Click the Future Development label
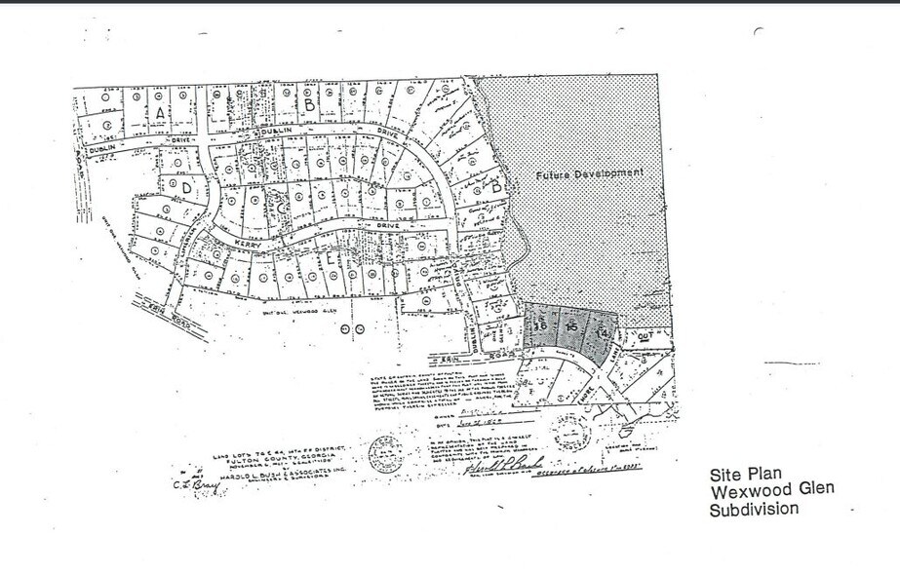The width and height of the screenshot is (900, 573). tap(592, 173)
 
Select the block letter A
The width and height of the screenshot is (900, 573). tap(159, 112)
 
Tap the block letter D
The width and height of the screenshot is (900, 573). tap(185, 186)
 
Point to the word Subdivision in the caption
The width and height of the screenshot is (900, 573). tap(754, 509)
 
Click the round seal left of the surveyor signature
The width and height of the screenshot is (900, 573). tap(383, 451)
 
